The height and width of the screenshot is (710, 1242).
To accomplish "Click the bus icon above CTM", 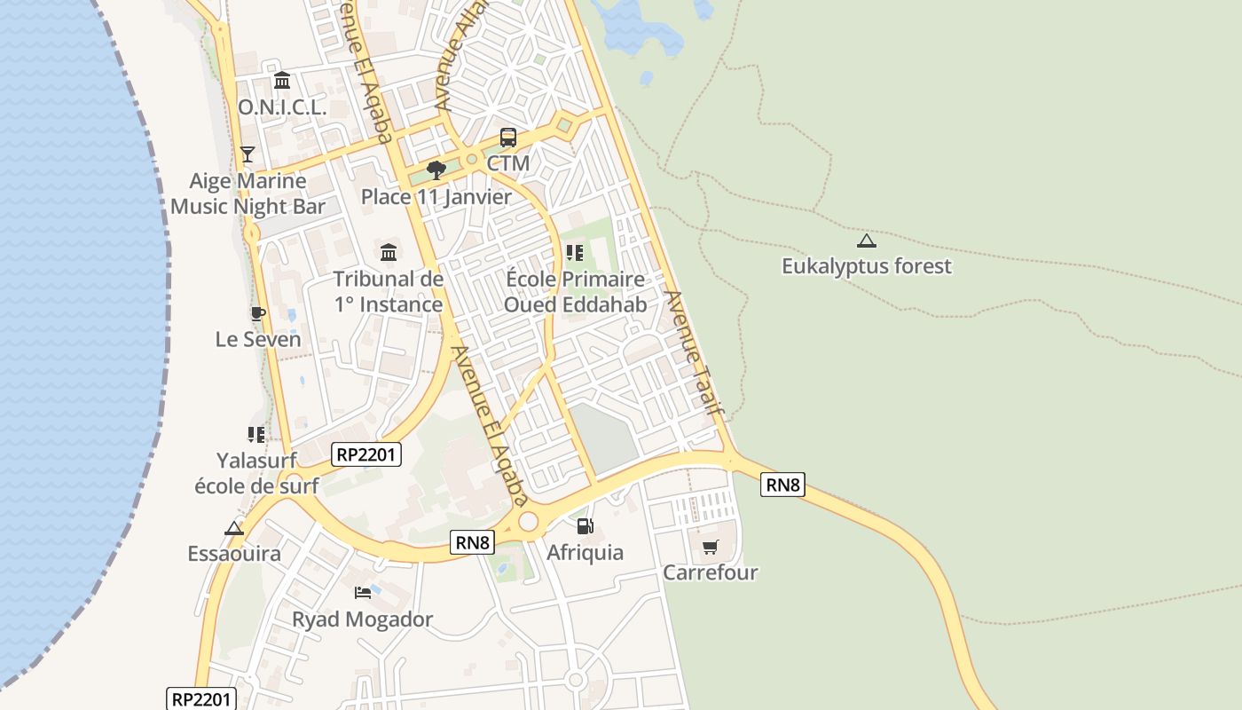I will coord(507,138).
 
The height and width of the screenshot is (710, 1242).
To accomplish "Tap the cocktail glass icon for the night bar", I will coord(248,154).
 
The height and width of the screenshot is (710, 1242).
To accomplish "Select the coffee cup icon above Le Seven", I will coord(257,313).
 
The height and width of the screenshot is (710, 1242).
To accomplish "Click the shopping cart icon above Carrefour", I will coord(710,547).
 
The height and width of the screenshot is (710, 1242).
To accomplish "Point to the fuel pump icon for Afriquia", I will coord(584,526).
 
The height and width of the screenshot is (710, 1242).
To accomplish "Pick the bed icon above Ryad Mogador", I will coord(362,592).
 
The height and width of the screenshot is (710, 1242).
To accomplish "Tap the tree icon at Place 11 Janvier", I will coord(436,170).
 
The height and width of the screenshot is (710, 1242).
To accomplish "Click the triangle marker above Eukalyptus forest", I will coord(866,241).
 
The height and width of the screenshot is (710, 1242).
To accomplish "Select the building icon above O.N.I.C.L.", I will coord(282,81).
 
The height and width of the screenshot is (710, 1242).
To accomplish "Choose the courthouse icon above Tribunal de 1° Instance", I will coord(388,252).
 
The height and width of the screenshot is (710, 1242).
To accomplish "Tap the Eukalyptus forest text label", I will coord(866,266).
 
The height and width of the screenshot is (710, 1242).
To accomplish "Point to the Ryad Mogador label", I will coord(363,619).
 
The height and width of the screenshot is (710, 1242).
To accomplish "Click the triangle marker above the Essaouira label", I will coord(234,528).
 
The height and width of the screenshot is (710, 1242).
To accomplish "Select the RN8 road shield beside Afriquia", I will coord(472,542).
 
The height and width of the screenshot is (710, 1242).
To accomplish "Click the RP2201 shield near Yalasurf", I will coord(367,454).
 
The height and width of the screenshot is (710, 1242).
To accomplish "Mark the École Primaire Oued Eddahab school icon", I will coord(575,253).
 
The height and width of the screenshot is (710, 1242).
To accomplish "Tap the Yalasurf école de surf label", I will coord(256,473).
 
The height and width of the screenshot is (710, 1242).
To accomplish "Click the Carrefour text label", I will coord(711,572).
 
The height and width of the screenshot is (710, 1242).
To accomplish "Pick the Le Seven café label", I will coord(258,339).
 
